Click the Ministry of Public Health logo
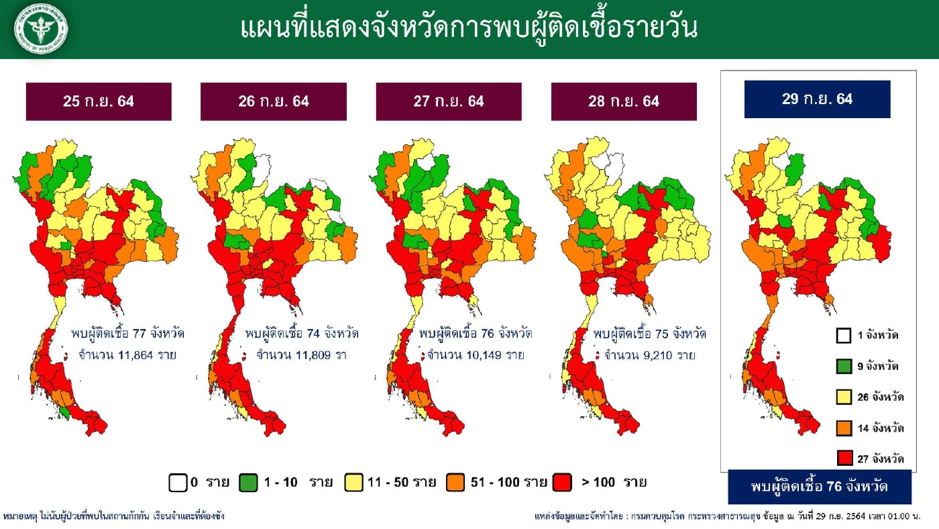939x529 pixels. (41, 29)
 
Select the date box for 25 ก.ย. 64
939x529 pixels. (99, 101)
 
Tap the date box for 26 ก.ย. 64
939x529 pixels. (274, 101)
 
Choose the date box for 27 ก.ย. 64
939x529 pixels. (449, 101)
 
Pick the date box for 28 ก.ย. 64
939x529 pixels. (624, 101)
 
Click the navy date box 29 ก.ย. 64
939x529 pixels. (817, 99)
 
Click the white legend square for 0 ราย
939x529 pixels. (178, 483)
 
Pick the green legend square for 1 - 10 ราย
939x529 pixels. (248, 483)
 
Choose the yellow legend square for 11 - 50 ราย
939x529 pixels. (353, 483)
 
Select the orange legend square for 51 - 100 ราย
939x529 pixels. (455, 483)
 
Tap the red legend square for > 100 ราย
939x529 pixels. (562, 483)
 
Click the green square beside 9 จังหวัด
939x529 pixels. (844, 367)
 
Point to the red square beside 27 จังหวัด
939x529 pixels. (844, 459)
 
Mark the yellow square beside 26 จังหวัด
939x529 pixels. (844, 397)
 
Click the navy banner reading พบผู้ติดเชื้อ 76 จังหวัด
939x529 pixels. (820, 487)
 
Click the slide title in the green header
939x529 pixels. (469, 28)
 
